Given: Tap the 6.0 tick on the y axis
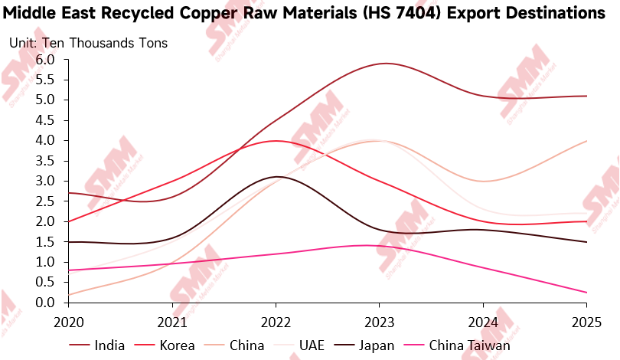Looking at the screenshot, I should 44,60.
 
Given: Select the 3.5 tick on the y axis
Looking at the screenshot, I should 44,161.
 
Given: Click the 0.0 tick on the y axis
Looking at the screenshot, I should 44,303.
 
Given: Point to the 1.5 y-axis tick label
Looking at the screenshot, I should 44,242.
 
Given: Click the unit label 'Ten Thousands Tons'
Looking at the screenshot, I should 106,43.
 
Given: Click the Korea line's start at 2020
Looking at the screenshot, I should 68,221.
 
